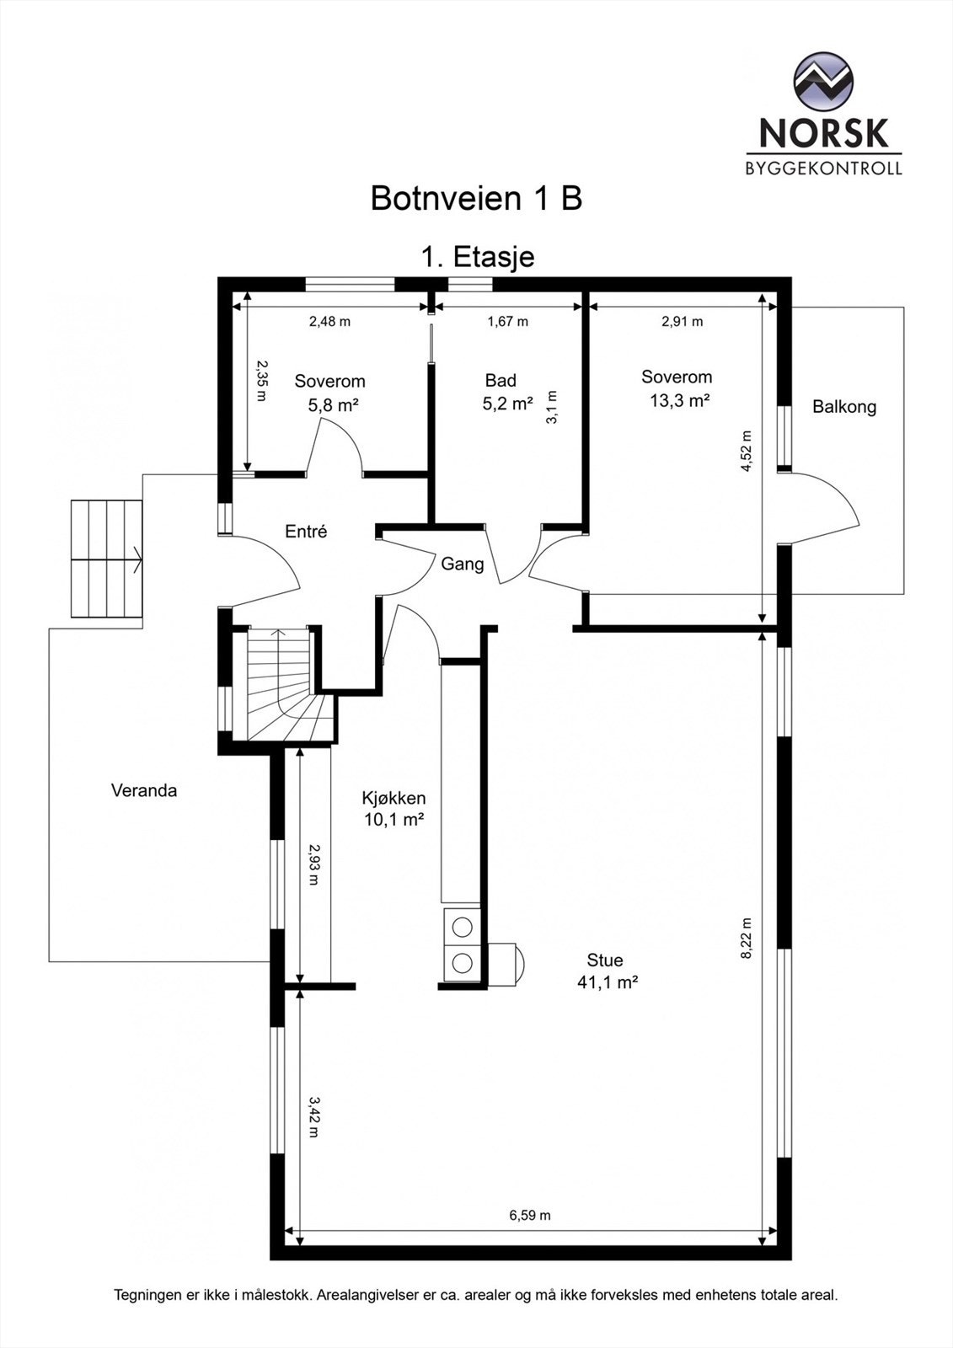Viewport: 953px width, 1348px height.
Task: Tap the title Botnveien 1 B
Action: click(476, 198)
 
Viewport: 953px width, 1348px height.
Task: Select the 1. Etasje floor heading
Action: click(478, 257)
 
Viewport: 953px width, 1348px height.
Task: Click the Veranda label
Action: click(144, 790)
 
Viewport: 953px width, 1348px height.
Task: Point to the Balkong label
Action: click(844, 407)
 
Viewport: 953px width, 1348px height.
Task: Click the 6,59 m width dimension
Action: click(530, 1215)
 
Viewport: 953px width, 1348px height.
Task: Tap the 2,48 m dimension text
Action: click(329, 321)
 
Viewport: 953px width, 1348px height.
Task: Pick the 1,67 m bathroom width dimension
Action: click(507, 321)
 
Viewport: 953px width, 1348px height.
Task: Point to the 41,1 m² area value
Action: click(608, 982)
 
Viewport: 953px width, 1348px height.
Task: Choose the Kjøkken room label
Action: click(394, 799)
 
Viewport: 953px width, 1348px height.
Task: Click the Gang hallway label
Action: click(463, 564)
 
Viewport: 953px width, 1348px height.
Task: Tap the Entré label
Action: click(306, 532)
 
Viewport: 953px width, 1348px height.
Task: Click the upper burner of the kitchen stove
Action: click(462, 928)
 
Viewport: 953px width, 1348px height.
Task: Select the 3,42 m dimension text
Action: click(314, 1117)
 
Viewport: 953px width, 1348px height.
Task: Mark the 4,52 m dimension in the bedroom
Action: click(747, 451)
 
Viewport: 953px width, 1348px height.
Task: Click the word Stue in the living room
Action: click(604, 960)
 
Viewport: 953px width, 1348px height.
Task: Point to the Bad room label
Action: click(501, 380)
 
